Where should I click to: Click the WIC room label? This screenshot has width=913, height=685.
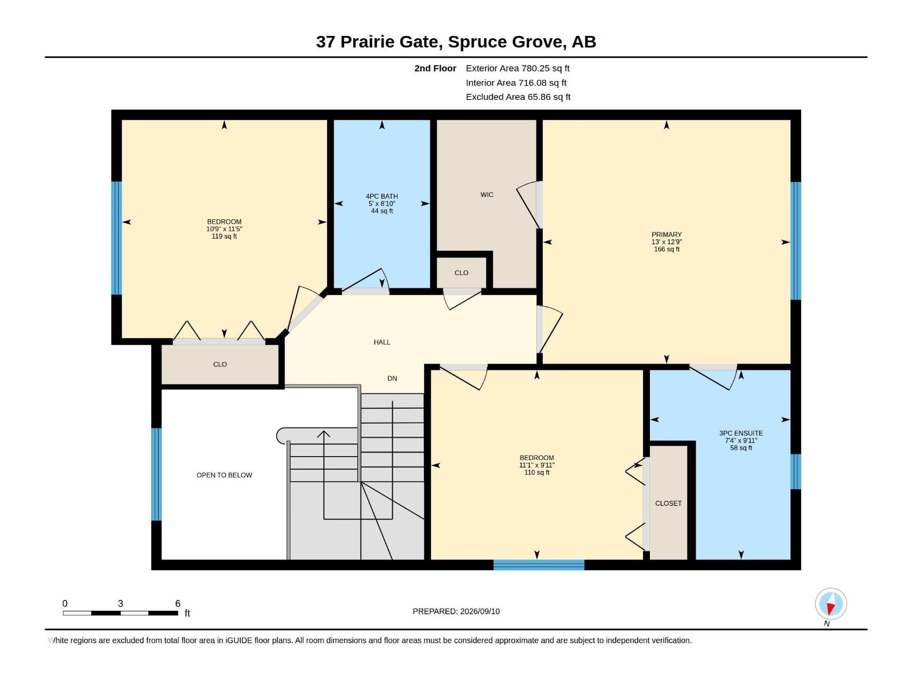(487, 195)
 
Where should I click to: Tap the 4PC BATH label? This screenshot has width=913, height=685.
(382, 196)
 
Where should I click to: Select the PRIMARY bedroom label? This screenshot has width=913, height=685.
(666, 235)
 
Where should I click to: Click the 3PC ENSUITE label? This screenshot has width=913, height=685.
(741, 433)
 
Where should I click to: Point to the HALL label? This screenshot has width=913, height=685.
(382, 342)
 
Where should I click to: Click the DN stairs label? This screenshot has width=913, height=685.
(392, 378)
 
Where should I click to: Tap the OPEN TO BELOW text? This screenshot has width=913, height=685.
(224, 475)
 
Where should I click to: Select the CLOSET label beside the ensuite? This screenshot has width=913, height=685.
(668, 503)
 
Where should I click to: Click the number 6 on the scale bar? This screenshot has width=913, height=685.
(177, 603)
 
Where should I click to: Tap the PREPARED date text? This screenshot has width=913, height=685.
(457, 611)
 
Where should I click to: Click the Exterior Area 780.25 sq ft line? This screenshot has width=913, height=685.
(518, 68)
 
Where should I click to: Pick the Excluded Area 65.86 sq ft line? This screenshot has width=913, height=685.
(518, 97)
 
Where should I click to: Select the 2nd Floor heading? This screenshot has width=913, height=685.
(435, 68)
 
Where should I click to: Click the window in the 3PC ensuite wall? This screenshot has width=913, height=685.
(795, 472)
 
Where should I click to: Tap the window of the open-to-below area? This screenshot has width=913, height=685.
(156, 474)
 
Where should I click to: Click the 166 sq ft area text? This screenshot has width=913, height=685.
(666, 249)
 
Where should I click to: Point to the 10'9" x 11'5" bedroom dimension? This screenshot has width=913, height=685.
(224, 229)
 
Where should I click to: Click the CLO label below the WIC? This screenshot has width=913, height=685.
(461, 273)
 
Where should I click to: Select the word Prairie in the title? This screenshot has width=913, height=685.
(367, 42)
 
